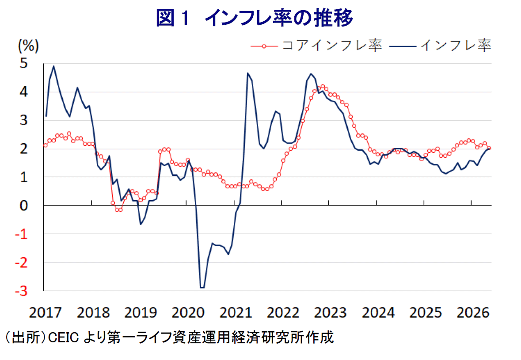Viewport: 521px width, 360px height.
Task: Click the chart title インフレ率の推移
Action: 279,18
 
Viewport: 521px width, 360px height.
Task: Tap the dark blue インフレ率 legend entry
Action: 440,45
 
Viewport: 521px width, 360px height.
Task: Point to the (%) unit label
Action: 28,45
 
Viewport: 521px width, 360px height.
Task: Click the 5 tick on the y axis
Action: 23,63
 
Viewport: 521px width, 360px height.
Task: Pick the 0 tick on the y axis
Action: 23,205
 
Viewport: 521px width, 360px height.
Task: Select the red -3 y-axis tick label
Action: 21,291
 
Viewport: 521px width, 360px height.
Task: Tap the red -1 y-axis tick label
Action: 21,234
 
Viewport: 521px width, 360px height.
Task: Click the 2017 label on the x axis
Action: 46,313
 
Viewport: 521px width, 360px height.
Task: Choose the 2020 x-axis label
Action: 188,313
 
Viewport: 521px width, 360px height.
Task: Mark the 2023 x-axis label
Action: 331,313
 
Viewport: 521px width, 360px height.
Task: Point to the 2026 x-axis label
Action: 473,313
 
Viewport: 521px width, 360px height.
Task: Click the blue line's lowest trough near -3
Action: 202,288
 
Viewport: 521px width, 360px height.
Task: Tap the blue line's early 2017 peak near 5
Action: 54,66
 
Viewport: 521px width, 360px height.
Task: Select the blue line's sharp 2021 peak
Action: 248,73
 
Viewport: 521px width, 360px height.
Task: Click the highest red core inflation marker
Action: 323,86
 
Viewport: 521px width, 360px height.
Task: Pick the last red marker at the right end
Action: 489,148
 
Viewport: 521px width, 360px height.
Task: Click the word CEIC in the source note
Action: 64,338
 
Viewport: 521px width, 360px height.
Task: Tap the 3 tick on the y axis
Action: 23,120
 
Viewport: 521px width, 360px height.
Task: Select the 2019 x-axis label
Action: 141,313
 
